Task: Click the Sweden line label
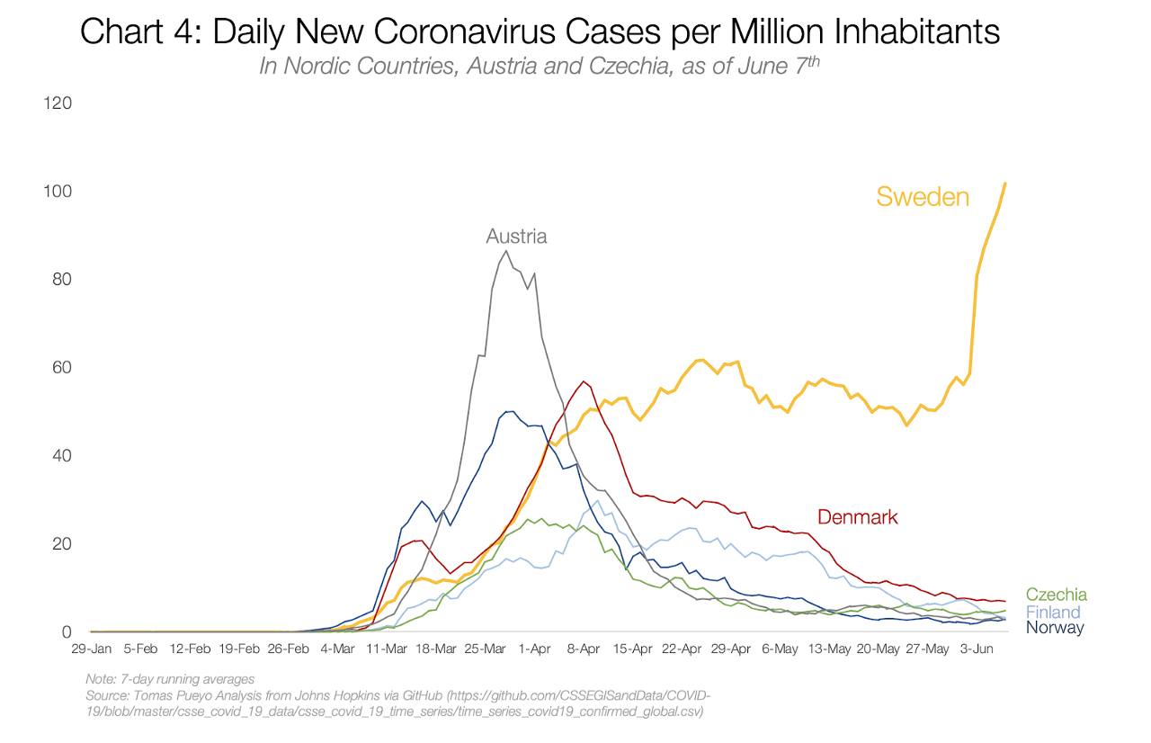[923, 196]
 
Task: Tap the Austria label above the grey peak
[516, 237]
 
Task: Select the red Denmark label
[857, 516]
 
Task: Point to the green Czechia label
[1056, 595]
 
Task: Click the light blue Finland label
[1053, 612]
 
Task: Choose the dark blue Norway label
[1055, 628]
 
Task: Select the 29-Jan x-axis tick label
[92, 649]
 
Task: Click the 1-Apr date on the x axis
[535, 649]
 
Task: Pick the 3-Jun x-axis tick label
[977, 649]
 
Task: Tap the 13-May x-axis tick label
[829, 649]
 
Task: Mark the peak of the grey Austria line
[506, 251]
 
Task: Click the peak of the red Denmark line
[584, 381]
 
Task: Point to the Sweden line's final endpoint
[1004, 184]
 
